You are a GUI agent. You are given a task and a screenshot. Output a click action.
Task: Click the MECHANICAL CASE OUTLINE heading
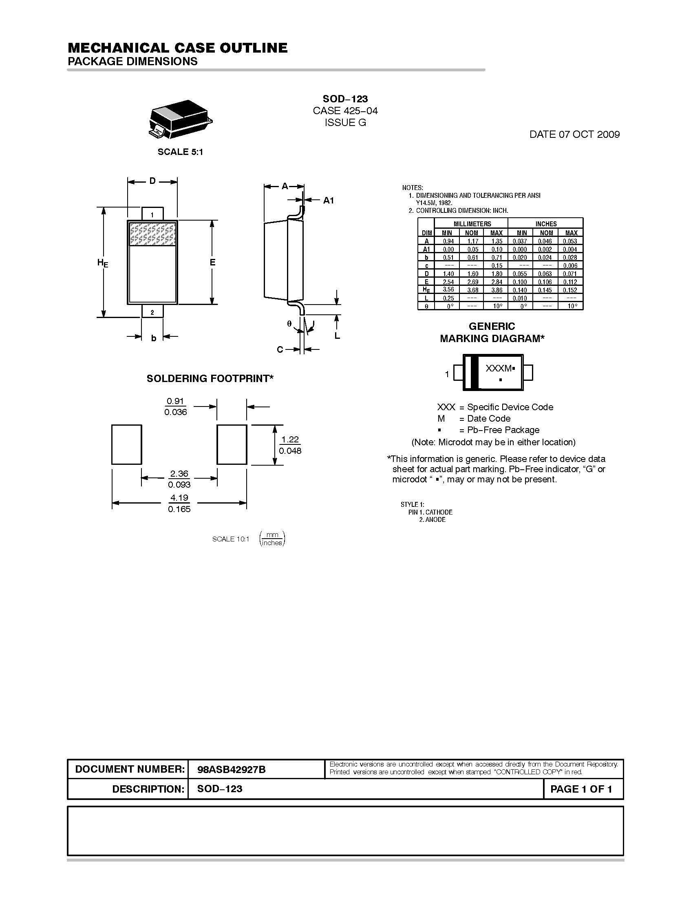(x=177, y=48)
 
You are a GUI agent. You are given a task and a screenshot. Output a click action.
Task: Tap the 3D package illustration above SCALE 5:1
(x=181, y=119)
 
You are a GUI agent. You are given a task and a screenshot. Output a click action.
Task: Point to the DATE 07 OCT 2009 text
(x=574, y=134)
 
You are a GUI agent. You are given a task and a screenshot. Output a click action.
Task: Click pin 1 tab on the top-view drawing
(x=152, y=214)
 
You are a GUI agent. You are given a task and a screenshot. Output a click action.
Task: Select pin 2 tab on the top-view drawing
(x=152, y=312)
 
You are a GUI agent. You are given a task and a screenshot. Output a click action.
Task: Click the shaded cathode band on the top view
(x=152, y=234)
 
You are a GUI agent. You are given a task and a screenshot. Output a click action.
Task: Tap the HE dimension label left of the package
(x=103, y=263)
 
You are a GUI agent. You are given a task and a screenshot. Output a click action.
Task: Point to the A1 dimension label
(x=329, y=201)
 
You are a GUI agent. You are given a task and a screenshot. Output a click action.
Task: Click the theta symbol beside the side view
(x=289, y=324)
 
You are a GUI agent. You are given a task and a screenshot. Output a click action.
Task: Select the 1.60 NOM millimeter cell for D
(x=472, y=274)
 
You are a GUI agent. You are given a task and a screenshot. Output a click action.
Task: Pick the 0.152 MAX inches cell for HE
(x=570, y=290)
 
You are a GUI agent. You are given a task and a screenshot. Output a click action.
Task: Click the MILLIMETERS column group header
(x=472, y=224)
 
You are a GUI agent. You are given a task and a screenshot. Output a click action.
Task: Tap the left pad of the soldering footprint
(x=126, y=445)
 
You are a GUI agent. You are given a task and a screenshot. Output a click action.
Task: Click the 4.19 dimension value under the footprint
(x=179, y=498)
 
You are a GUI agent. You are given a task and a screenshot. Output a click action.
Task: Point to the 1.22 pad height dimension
(x=290, y=440)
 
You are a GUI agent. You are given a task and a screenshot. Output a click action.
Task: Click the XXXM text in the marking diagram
(x=499, y=369)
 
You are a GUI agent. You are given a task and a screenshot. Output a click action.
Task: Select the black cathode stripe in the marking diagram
(x=475, y=373)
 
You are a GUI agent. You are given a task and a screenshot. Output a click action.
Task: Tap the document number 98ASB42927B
(x=232, y=770)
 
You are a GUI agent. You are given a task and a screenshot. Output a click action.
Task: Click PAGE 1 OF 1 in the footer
(x=581, y=789)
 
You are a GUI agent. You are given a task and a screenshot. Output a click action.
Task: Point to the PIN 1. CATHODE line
(x=430, y=512)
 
